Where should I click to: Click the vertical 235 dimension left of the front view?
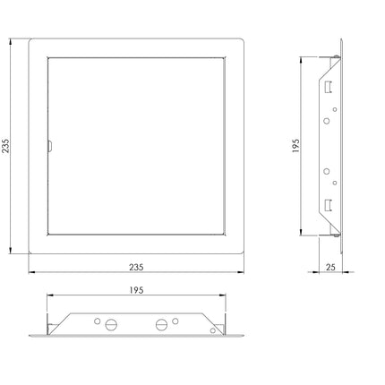pos(6,146)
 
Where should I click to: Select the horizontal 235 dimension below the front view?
pos(136,267)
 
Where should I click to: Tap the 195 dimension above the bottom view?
pos(136,290)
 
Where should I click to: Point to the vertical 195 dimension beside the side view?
pos(295,146)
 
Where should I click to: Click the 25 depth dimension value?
pos(330,267)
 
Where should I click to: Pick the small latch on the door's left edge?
pos(50,146)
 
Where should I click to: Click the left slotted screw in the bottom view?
pos(111,324)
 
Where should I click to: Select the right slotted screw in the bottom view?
pos(161,324)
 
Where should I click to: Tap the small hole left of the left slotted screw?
pos(97,321)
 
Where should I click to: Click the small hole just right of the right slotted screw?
pos(175,321)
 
